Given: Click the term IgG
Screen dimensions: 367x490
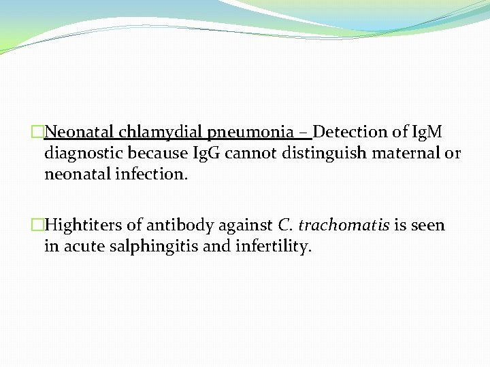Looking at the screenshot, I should pyautogui.click(x=205, y=153).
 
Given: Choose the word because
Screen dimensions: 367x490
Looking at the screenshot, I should pyautogui.click(x=156, y=153).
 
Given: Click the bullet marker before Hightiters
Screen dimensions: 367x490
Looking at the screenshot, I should pyautogui.click(x=37, y=225).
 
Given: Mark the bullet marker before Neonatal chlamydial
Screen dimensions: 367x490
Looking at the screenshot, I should pyautogui.click(x=37, y=131).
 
